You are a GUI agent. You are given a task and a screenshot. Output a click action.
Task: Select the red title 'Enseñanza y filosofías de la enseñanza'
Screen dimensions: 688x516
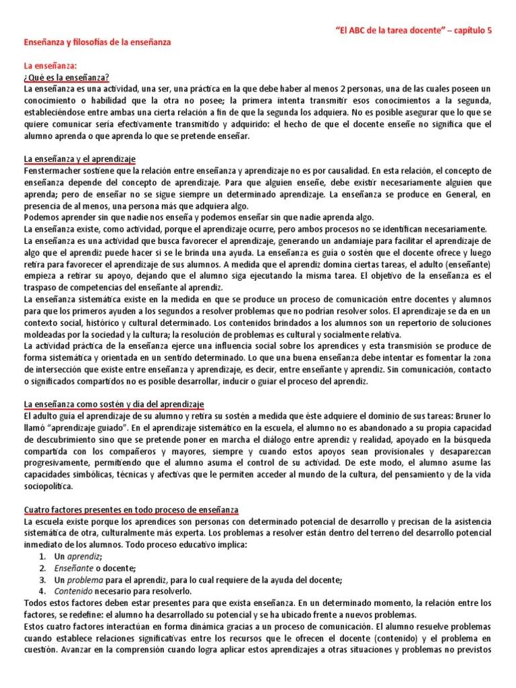[97, 42]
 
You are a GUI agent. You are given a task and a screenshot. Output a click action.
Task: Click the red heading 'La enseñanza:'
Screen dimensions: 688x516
[50, 66]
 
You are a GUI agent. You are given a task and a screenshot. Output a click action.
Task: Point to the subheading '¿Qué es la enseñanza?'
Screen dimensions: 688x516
[67, 77]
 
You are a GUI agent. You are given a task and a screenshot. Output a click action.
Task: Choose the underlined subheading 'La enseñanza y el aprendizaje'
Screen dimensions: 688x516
[79, 159]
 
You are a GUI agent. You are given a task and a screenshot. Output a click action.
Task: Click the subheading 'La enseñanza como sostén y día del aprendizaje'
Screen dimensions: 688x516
[114, 404]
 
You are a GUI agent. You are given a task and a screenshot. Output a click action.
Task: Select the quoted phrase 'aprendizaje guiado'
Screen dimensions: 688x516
[87, 428]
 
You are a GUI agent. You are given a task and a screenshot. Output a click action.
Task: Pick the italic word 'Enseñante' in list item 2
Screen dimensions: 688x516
[58, 568]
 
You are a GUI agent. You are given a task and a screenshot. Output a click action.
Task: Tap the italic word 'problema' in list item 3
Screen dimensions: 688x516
[85, 580]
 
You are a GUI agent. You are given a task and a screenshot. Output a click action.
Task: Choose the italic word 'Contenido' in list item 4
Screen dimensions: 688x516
[59, 591]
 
